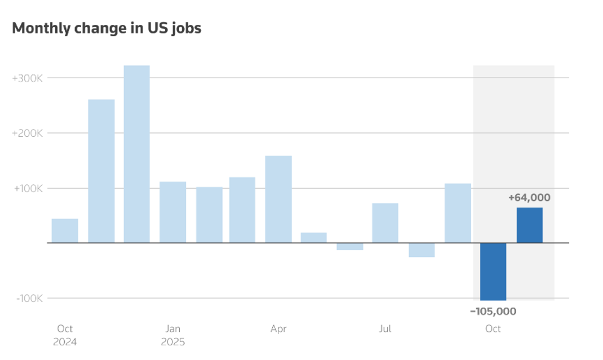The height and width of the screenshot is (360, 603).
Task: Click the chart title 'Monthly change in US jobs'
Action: pyautogui.click(x=107, y=28)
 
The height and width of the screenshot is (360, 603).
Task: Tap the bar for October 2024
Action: pyautogui.click(x=65, y=231)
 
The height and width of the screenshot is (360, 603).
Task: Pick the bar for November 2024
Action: pyautogui.click(x=101, y=171)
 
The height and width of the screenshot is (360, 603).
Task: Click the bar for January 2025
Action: pyautogui.click(x=172, y=212)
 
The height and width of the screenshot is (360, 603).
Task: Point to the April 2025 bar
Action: pyautogui.click(x=278, y=199)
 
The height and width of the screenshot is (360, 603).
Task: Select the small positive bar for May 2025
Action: pyautogui.click(x=314, y=238)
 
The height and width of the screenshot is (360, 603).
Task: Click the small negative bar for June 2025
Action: pyautogui.click(x=350, y=246)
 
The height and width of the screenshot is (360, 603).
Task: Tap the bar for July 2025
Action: pyautogui.click(x=385, y=223)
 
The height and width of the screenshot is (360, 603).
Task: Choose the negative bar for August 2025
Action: pyautogui.click(x=422, y=250)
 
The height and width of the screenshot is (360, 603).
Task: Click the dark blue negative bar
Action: pyautogui.click(x=493, y=272)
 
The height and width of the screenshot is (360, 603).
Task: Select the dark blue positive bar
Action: pyautogui.click(x=530, y=225)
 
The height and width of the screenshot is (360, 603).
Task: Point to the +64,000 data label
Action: pyautogui.click(x=529, y=198)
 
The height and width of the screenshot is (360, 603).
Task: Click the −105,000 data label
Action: pyautogui.click(x=493, y=311)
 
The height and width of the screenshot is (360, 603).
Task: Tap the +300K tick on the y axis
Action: pyautogui.click(x=27, y=78)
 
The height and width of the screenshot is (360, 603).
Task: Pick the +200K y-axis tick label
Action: pyautogui.click(x=27, y=133)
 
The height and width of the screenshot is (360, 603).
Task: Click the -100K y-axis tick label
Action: pyautogui.click(x=28, y=298)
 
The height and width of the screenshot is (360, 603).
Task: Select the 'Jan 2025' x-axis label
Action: pyautogui.click(x=172, y=335)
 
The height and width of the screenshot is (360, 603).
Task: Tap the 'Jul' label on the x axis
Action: pyautogui.click(x=385, y=328)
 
